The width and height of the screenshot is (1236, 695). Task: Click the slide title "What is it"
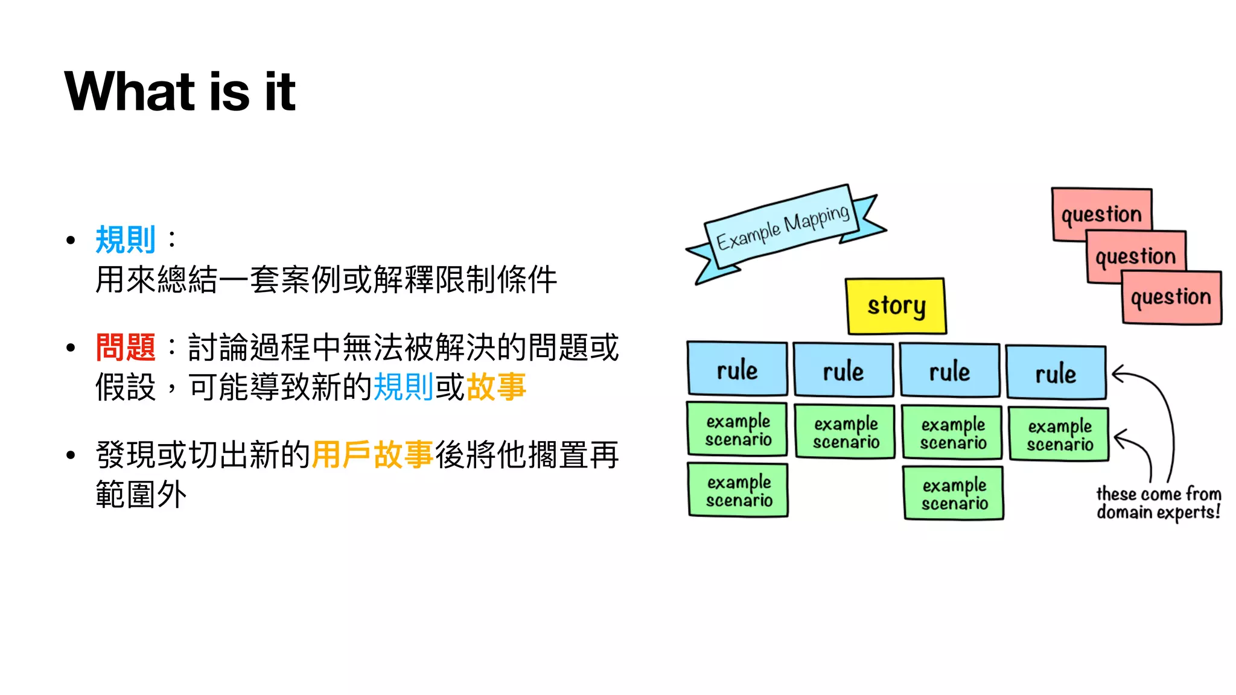[180, 92]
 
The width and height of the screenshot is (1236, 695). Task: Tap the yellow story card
[896, 306]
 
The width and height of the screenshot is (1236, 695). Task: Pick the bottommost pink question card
[1171, 297]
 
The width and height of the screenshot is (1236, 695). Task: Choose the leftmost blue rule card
[737, 369]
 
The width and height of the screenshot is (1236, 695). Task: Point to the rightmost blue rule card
[1056, 373]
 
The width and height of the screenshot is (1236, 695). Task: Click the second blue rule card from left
[843, 370]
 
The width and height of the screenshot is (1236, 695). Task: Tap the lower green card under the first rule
[738, 490]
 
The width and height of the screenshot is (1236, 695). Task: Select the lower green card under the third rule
[954, 493]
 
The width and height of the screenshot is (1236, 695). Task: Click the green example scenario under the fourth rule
[1059, 435]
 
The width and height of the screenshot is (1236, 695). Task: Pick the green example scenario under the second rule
[845, 433]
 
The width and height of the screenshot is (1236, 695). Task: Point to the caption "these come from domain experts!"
[1158, 503]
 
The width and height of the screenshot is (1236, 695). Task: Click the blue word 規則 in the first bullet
[126, 240]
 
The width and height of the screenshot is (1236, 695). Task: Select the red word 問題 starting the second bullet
[126, 347]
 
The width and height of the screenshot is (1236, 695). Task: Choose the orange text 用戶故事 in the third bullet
[372, 455]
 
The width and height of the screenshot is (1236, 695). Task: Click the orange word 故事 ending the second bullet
[496, 387]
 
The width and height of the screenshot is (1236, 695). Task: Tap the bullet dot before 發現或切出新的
[71, 455]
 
